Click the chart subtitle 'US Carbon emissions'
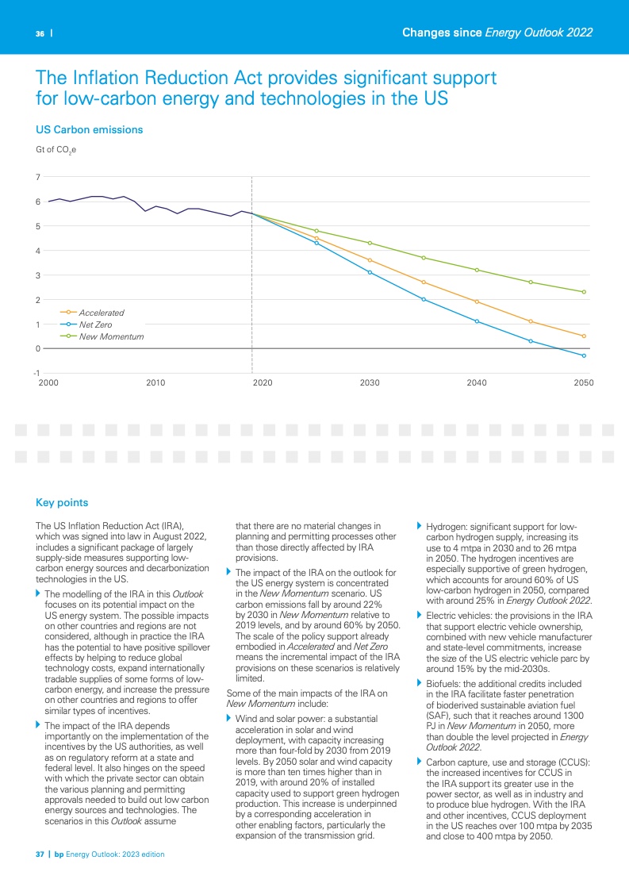(90, 129)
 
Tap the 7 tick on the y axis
(38, 177)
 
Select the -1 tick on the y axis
(37, 373)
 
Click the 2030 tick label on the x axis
(369, 383)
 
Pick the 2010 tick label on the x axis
(155, 383)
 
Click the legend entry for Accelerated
(101, 313)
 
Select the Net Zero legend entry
(95, 324)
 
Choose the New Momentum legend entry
(110, 336)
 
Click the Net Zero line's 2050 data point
(584, 355)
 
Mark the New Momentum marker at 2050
(584, 292)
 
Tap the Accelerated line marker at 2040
(477, 301)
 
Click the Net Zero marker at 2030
(370, 272)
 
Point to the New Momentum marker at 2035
(424, 258)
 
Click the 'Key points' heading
(62, 503)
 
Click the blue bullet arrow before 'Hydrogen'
(420, 526)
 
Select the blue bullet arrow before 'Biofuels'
(420, 683)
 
